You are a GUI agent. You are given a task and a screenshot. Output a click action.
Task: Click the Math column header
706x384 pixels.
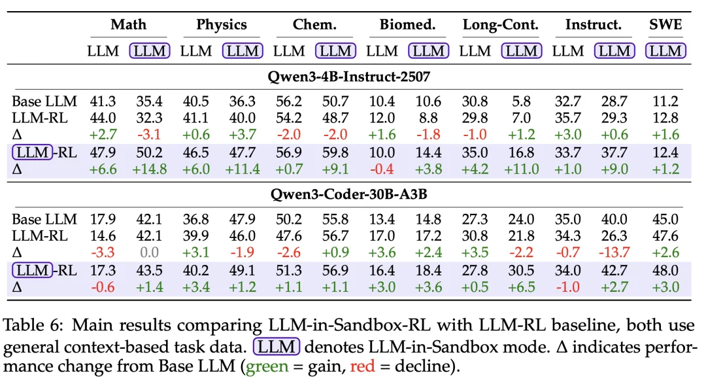(128, 25)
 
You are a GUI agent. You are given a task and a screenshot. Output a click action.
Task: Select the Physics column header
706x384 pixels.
(222, 25)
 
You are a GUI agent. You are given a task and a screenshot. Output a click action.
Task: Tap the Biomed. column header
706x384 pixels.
(407, 25)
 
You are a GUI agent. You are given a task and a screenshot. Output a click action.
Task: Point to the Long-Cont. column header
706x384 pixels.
(500, 25)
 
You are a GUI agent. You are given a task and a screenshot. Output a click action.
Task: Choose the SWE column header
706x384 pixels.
(665, 25)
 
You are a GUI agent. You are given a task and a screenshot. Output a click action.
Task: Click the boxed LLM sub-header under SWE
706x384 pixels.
(665, 50)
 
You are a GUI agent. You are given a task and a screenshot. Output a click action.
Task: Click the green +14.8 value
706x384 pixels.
(150, 169)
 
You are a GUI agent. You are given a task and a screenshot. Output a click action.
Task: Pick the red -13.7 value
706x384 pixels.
(614, 253)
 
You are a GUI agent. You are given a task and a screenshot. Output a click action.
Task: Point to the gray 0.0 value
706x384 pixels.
(150, 253)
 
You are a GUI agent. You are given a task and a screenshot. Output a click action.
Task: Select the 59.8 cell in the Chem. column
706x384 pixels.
(335, 152)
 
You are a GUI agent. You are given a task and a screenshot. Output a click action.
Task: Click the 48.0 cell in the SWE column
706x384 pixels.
(665, 270)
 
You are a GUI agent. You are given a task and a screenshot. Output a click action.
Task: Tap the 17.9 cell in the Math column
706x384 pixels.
(103, 219)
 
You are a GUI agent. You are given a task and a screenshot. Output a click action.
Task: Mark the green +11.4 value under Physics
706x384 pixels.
(243, 169)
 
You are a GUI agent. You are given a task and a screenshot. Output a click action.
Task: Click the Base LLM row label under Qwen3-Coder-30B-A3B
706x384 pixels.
(44, 219)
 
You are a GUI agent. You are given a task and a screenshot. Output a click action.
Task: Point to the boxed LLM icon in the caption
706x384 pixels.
(276, 347)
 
